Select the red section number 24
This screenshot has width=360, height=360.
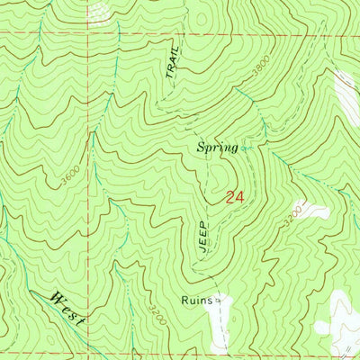[x=234, y=196]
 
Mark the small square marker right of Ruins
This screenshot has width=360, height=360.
[x=218, y=303]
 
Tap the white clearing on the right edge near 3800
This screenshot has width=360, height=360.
[x=348, y=94]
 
